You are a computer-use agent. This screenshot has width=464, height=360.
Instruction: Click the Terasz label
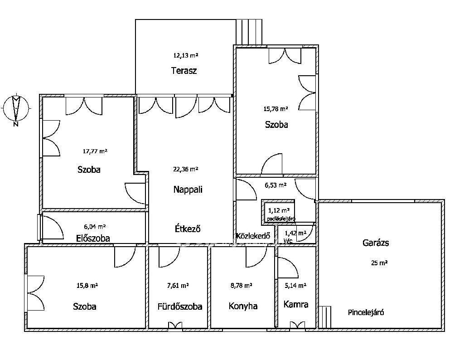pyautogui.click(x=184, y=71)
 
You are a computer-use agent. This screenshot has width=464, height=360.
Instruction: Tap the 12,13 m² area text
pyautogui.click(x=185, y=55)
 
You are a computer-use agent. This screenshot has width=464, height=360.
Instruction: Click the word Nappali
pyautogui.click(x=188, y=190)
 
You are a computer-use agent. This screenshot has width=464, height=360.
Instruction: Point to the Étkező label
pyautogui.click(x=188, y=229)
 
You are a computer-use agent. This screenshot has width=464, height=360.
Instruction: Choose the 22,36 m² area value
pyautogui.click(x=185, y=169)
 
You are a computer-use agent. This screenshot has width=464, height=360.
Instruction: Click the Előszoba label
pyautogui.click(x=93, y=238)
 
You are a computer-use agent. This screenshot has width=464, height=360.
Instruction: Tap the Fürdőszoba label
pyautogui.click(x=180, y=306)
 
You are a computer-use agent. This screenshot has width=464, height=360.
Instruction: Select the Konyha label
pyautogui.click(x=243, y=306)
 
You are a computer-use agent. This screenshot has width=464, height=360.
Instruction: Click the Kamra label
pyautogui.click(x=296, y=304)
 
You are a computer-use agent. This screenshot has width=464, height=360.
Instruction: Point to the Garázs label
pyautogui.click(x=376, y=243)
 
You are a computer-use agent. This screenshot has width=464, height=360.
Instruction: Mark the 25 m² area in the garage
pyautogui.click(x=379, y=263)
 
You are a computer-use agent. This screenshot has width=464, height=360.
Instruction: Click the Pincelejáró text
pyautogui.click(x=366, y=312)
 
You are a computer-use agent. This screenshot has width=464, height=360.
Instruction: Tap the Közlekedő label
pyautogui.click(x=253, y=236)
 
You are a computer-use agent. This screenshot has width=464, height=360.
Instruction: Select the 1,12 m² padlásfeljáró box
pyautogui.click(x=278, y=212)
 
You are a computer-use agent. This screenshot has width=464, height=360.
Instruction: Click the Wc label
pyautogui.click(x=288, y=241)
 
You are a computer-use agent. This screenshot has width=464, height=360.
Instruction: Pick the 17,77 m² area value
pyautogui.click(x=95, y=151)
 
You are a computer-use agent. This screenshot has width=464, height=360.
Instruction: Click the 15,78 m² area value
pyautogui.click(x=276, y=109)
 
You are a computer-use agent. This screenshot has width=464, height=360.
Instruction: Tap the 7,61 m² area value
pyautogui.click(x=178, y=286)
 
